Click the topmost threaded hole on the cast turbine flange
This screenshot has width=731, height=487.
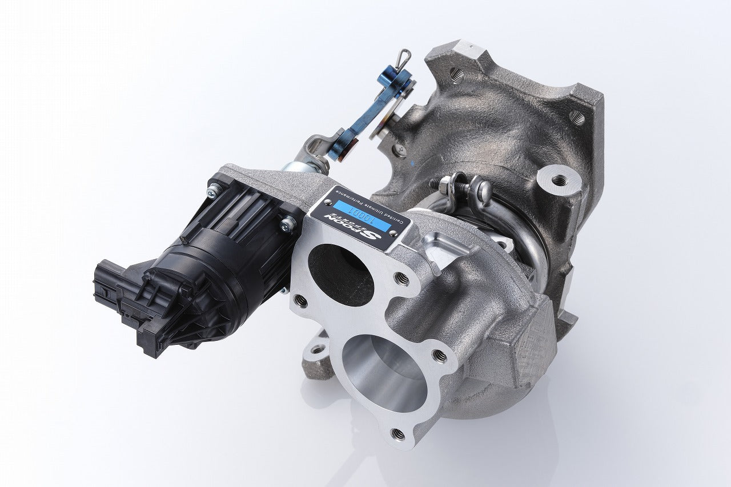pyautogui.click(x=456, y=73)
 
